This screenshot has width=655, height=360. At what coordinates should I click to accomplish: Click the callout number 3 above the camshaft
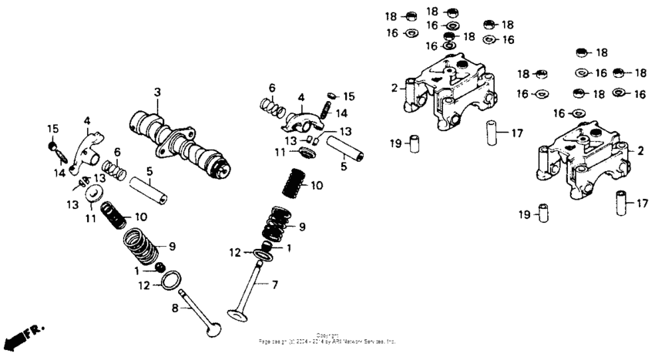tap(156, 93)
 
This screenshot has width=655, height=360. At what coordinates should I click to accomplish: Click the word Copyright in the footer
tap(327, 335)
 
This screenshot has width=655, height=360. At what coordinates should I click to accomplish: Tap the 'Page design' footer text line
tap(327, 340)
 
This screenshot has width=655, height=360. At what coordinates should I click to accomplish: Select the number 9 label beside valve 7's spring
tap(302, 227)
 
